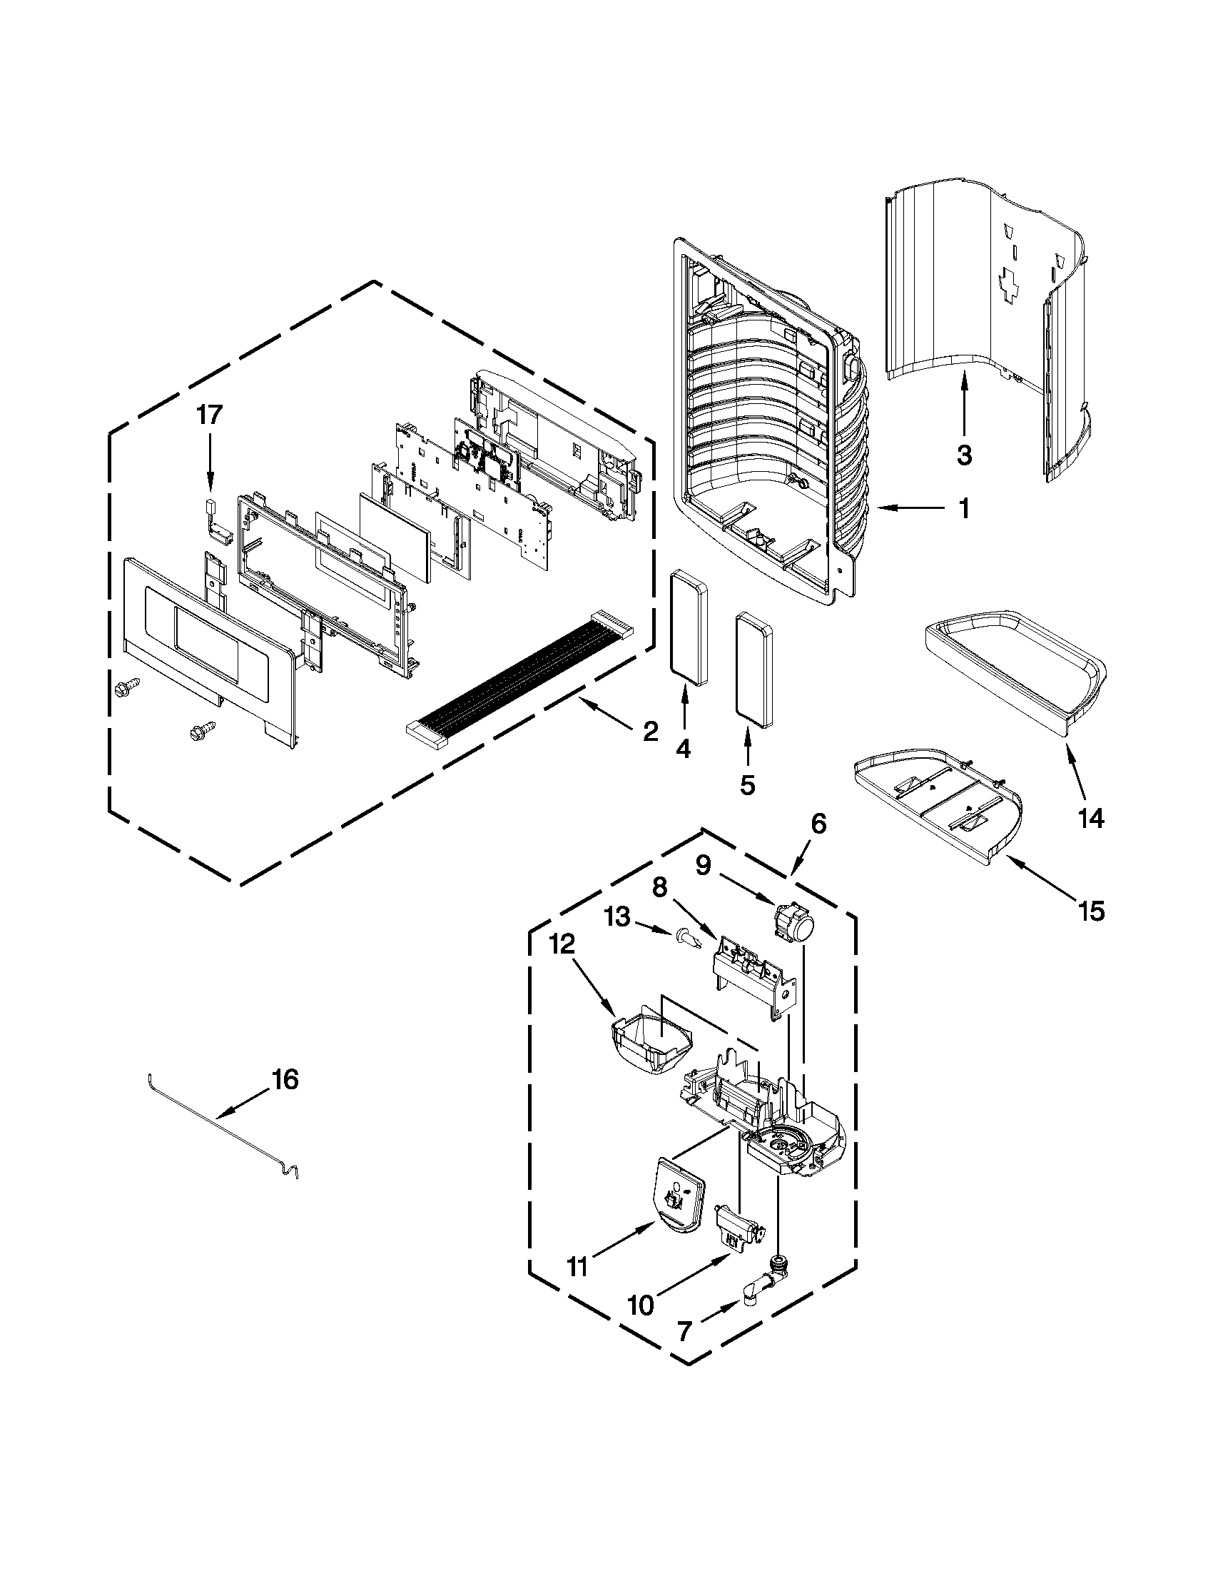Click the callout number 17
tap(210, 415)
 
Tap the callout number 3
tap(964, 454)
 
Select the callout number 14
tap(1090, 818)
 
